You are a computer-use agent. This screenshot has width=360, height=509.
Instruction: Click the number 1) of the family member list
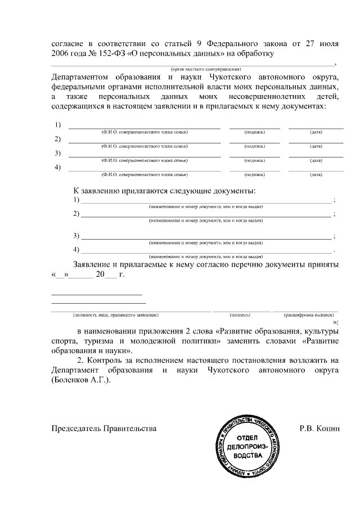pos(57,124)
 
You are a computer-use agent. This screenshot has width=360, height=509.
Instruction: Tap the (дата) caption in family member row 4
pos(316,175)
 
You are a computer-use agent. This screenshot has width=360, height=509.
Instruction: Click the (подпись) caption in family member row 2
pos(254,146)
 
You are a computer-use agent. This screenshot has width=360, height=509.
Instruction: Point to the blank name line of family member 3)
pos(144,156)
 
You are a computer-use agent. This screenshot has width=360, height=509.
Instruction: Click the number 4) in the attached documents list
pos(77,249)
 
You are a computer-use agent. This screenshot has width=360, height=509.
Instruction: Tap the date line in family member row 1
pos(316,128)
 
